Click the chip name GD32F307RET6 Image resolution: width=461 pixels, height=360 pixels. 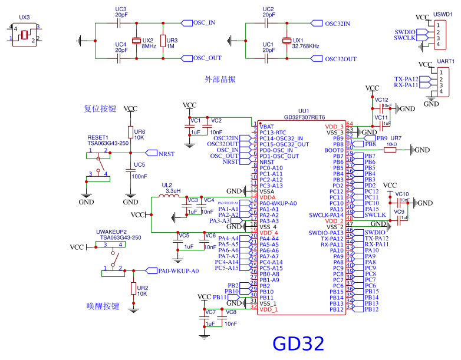(x=304, y=117)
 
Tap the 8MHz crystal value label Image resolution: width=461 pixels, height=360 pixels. (x=149, y=46)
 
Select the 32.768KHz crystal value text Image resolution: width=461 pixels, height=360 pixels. (x=306, y=46)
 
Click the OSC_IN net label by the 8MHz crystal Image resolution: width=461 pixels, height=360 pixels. (x=204, y=22)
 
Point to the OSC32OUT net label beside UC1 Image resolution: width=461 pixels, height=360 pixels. (x=341, y=59)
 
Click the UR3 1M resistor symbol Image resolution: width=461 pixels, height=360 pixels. (x=163, y=40)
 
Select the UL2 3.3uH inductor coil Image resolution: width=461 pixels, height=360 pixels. (x=170, y=197)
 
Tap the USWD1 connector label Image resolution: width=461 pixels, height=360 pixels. (x=443, y=13)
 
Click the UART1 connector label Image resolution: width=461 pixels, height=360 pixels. (x=445, y=61)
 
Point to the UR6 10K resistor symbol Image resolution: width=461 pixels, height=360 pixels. (x=130, y=131)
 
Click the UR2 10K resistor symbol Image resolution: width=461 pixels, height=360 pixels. (x=133, y=288)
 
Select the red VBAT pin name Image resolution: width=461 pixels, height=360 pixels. (x=266, y=127)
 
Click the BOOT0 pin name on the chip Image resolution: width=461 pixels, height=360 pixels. (x=334, y=150)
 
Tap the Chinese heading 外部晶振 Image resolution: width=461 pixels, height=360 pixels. (x=220, y=79)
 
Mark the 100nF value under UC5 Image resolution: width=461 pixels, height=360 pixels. (x=140, y=176)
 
